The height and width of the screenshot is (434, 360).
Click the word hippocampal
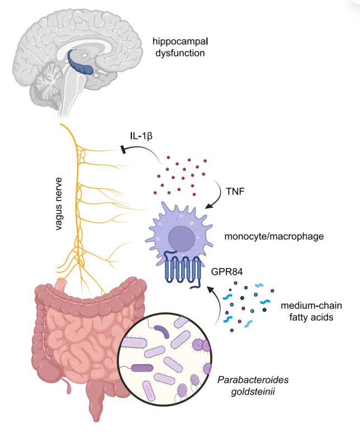click(180, 42)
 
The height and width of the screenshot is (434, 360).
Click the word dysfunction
click(180, 53)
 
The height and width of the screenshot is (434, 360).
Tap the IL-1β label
click(141, 136)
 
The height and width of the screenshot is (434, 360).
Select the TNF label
click(235, 191)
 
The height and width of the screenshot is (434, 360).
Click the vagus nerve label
click(59, 204)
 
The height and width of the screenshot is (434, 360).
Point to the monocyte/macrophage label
click(274, 237)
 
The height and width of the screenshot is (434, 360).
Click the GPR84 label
click(227, 272)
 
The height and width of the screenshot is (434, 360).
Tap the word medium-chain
click(311, 306)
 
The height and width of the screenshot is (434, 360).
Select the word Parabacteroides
click(253, 379)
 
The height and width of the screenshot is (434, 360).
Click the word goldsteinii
click(253, 392)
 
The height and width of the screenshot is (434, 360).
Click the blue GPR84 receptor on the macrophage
click(183, 269)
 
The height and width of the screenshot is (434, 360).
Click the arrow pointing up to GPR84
click(216, 304)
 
